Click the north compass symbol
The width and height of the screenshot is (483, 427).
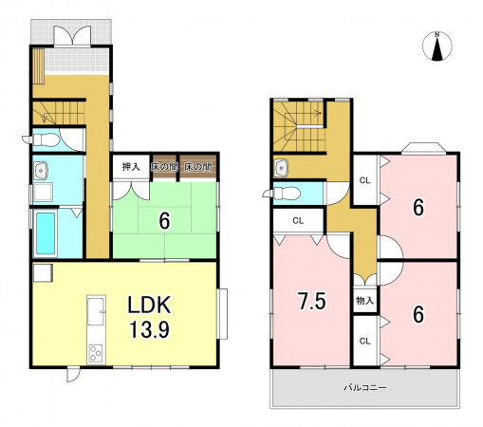click(437, 46)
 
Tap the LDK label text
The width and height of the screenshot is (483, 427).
click(149, 305)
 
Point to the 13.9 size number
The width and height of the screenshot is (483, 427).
click(149, 329)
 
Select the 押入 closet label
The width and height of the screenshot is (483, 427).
click(131, 167)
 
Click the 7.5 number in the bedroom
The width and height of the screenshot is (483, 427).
click(312, 301)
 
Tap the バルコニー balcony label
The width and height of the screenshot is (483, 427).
click(365, 387)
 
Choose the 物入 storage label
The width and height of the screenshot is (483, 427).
click(364, 301)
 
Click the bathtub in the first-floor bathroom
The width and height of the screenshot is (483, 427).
click(45, 233)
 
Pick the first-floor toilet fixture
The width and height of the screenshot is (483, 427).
click(42, 139)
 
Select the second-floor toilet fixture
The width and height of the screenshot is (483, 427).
click(283, 193)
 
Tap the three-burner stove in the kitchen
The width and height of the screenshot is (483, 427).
click(96, 353)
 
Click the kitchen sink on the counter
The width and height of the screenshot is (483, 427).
click(96, 310)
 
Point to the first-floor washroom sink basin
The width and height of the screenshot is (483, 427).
click(41, 171)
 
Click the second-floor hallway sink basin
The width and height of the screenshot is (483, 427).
click(281, 167)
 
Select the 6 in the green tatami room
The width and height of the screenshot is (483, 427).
click(164, 220)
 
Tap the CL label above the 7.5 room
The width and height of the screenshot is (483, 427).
click(298, 220)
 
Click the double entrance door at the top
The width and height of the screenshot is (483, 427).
click(72, 36)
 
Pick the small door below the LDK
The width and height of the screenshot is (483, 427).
click(72, 374)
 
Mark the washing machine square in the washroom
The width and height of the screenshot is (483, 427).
click(43, 192)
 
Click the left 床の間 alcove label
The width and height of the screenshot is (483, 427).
click(163, 167)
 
